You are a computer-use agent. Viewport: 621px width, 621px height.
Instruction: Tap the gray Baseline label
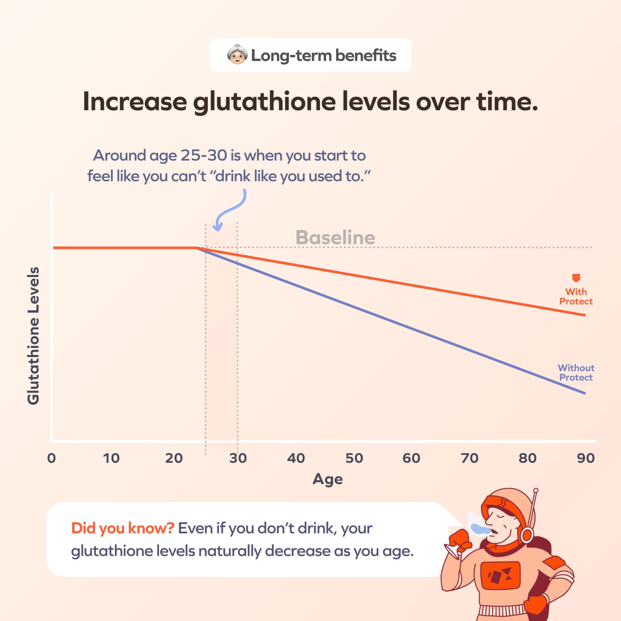pyautogui.click(x=335, y=237)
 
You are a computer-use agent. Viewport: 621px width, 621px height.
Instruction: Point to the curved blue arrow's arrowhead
pyautogui.click(x=218, y=229)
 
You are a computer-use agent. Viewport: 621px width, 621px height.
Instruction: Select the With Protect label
pyautogui.click(x=576, y=296)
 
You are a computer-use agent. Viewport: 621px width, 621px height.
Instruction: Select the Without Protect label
pyautogui.click(x=576, y=373)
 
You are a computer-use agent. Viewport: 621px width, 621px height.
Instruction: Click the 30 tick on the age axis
pyautogui.click(x=238, y=458)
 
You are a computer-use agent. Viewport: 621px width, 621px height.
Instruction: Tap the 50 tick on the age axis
pyautogui.click(x=354, y=458)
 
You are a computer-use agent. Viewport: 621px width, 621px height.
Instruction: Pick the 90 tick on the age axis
pyautogui.click(x=586, y=458)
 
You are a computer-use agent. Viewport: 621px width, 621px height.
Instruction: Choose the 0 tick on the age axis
pyautogui.click(x=51, y=458)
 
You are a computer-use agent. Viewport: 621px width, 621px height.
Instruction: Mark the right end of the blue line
pyautogui.click(x=584, y=393)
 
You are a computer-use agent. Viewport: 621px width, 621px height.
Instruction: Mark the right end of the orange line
pyautogui.click(x=584, y=315)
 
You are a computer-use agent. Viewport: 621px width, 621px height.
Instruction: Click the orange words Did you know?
pyautogui.click(x=123, y=528)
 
